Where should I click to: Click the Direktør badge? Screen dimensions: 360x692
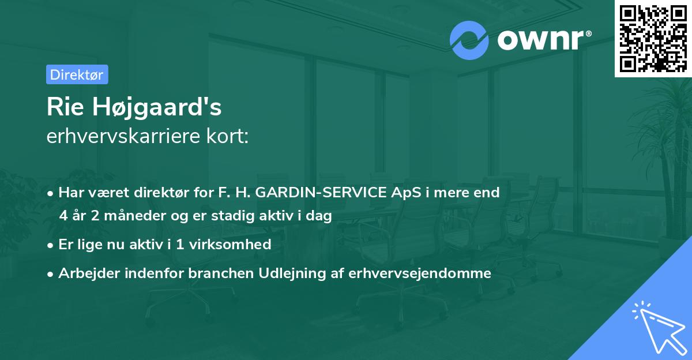click(x=77, y=74)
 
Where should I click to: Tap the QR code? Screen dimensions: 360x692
click(x=653, y=38)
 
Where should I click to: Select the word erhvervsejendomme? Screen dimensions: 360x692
click(x=420, y=273)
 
